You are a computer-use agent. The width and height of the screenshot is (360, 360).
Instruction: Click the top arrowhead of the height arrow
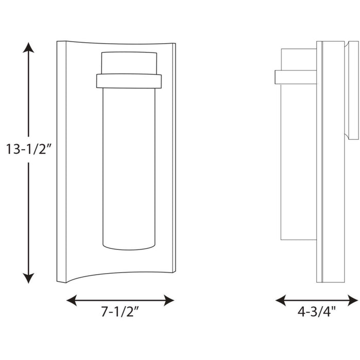(x=28, y=48)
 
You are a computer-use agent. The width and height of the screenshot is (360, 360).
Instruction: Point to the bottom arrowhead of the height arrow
(x=28, y=278)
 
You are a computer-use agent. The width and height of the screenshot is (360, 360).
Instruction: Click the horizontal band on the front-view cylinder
(x=129, y=80)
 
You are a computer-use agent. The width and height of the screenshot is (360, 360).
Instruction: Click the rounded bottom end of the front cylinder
(x=129, y=246)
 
